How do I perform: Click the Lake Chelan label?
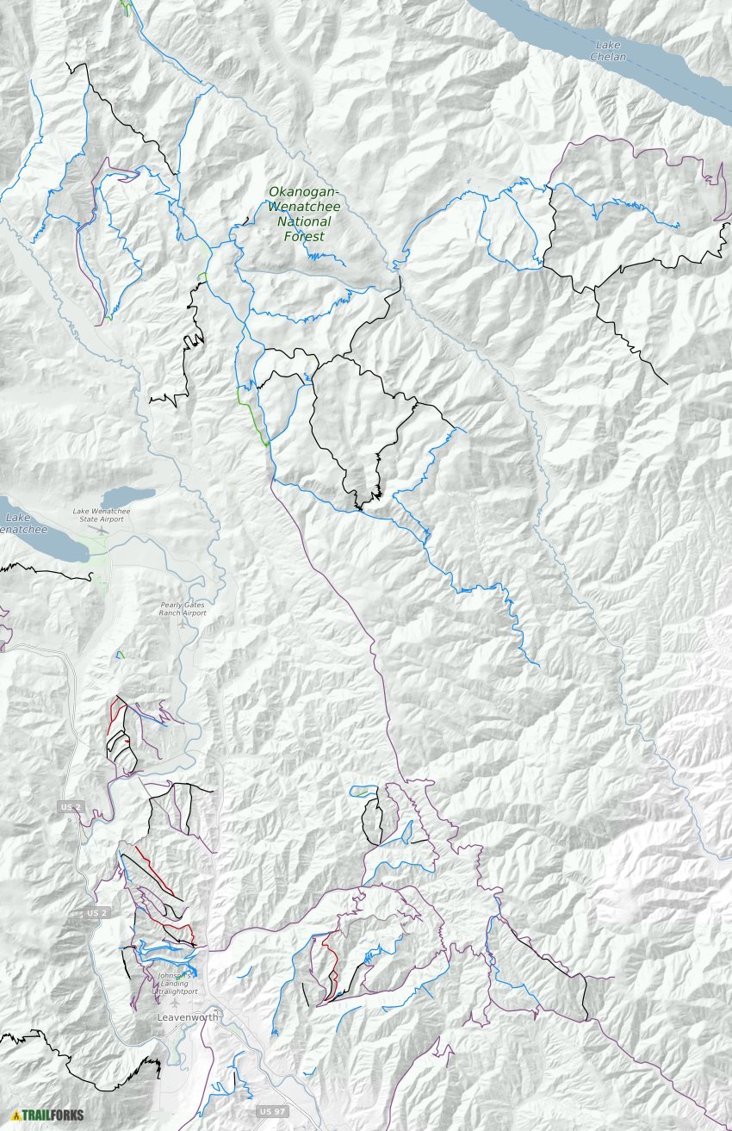[608, 51]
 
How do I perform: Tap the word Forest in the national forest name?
[304, 236]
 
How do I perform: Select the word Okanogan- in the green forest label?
[304, 192]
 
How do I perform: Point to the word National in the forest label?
[304, 221]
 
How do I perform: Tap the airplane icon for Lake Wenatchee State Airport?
[102, 530]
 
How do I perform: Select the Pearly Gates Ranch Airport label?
[183, 608]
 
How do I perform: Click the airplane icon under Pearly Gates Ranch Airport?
[183, 623]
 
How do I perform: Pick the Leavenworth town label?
[189, 1017]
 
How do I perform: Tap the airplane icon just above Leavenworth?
[176, 1003]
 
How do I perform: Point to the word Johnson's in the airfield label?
[171, 976]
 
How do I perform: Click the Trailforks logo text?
[53, 1115]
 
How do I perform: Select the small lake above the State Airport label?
[127, 498]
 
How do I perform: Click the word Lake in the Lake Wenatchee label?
[17, 518]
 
